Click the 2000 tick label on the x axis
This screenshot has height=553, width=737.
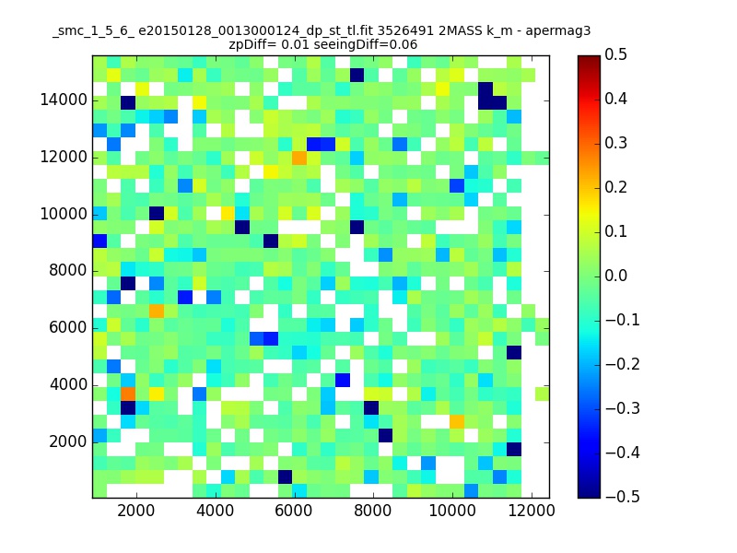pos(135,512)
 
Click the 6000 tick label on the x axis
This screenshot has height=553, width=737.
pos(294,512)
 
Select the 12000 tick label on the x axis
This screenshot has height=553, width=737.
pos(530,512)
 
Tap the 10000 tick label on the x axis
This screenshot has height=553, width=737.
pos(450,512)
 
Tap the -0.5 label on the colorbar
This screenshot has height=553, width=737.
pos(621,497)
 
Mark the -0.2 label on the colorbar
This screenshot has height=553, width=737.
pos(621,364)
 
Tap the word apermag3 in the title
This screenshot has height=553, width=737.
pos(558,31)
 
